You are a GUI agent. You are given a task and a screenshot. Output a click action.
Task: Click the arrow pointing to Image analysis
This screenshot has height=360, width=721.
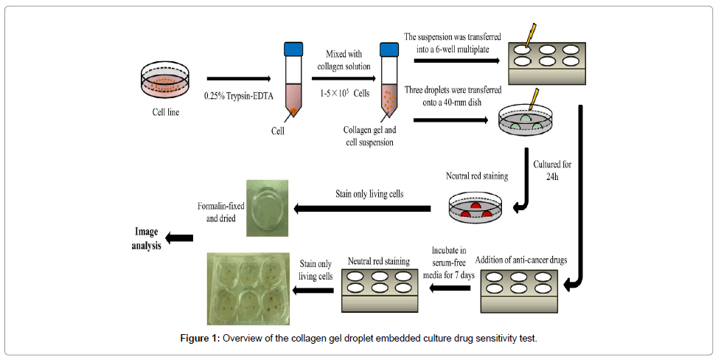[179, 238]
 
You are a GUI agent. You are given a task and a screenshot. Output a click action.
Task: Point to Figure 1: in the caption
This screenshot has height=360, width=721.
[201, 339]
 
